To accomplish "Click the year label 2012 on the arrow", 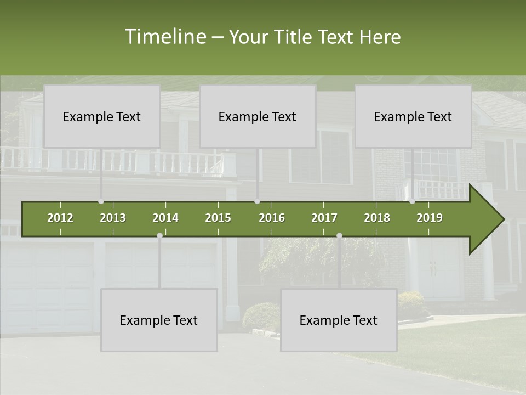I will click(x=60, y=218).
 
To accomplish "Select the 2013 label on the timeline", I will click(x=113, y=218).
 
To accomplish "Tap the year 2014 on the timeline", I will click(x=165, y=218).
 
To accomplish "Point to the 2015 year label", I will click(x=218, y=218).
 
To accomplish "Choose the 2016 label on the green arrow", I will click(x=272, y=218).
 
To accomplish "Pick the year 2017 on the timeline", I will click(x=324, y=218).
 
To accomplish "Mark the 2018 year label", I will click(x=377, y=218).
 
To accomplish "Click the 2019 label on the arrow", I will click(x=430, y=218).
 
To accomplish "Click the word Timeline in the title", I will click(x=165, y=37).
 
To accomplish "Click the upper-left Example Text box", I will click(x=102, y=116).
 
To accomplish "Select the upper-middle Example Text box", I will click(x=258, y=116).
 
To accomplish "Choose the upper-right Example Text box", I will click(x=413, y=116).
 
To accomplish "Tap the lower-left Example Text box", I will click(x=159, y=320).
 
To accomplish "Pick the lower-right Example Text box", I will click(x=339, y=320).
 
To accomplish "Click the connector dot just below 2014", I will click(x=159, y=235).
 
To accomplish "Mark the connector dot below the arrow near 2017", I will click(x=339, y=235).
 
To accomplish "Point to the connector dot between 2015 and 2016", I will click(x=258, y=201).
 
